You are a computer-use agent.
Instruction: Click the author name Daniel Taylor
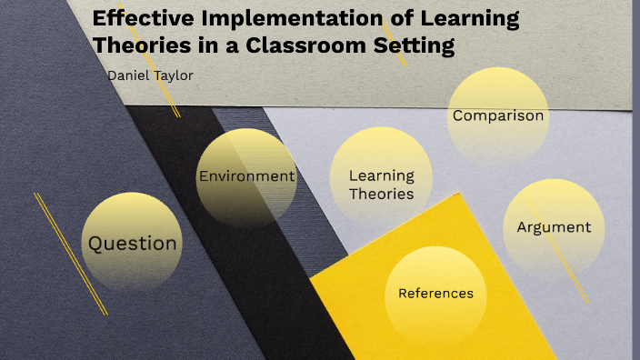pyautogui.click(x=150, y=75)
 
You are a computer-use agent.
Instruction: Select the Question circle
pyautogui.click(x=132, y=243)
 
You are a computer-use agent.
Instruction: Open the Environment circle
pyautogui.click(x=246, y=176)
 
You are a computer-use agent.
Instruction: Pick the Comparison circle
pyautogui.click(x=498, y=116)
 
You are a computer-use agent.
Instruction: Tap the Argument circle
pyautogui.click(x=554, y=227)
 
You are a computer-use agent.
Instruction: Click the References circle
pyautogui.click(x=435, y=293)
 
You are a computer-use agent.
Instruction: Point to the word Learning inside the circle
pyautogui.click(x=382, y=175)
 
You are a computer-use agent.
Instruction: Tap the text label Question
pyautogui.click(x=132, y=243)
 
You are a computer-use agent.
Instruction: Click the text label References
pyautogui.click(x=435, y=293)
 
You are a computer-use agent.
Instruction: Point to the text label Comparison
pyautogui.click(x=498, y=115)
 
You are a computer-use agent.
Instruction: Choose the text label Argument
pyautogui.click(x=554, y=227)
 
